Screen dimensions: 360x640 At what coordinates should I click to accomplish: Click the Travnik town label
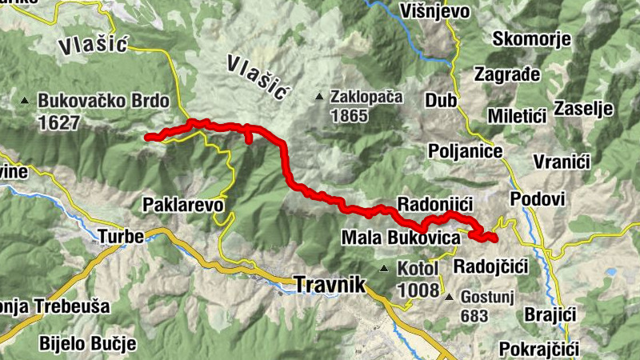click(330, 284)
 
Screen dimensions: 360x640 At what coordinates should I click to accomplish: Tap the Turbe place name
click(121, 237)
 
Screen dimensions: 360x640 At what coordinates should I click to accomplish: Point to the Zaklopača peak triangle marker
click(320, 98)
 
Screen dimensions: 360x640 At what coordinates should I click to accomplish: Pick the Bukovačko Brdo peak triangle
click(25, 102)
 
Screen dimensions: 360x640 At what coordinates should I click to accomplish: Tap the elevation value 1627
click(58, 122)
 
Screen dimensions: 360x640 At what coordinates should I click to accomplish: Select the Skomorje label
click(531, 39)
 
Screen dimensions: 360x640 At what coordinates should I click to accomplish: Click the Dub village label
click(440, 102)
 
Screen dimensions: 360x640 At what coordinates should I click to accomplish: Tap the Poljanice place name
click(465, 151)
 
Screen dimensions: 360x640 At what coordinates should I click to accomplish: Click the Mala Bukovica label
click(401, 238)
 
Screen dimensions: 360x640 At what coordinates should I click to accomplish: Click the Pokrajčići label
click(537, 349)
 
